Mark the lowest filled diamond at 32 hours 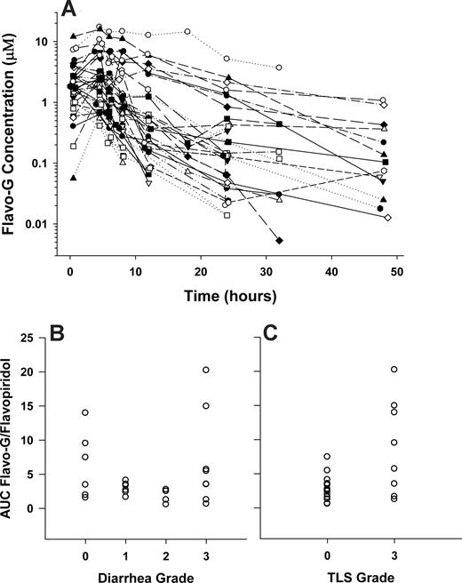coord(279,241)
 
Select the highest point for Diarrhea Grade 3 coord(206,370)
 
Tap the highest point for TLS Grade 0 coord(328,456)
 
